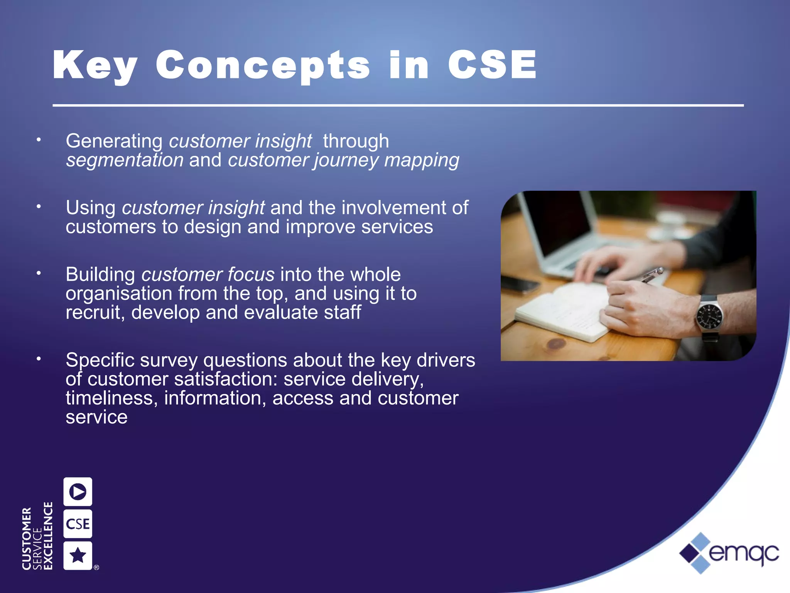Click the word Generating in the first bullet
114,141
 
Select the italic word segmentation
125,160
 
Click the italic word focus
251,274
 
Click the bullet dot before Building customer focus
39,273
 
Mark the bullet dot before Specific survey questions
39,359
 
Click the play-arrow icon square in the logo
78,491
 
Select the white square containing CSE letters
78,524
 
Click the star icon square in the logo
78,556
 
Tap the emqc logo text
743,553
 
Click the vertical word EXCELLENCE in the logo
48,536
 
